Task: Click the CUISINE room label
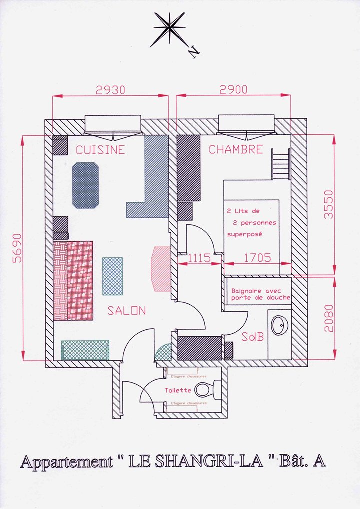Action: click(x=100, y=150)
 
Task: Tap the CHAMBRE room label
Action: click(x=235, y=149)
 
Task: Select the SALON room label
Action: click(x=127, y=311)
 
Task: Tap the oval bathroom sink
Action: click(x=279, y=326)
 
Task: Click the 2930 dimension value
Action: click(x=110, y=90)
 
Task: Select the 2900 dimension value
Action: click(x=233, y=90)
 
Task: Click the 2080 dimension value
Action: click(x=328, y=318)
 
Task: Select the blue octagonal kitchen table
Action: click(x=86, y=185)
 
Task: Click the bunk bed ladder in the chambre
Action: click(x=281, y=165)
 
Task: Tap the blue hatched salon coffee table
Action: click(x=112, y=276)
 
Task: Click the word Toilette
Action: click(x=178, y=390)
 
